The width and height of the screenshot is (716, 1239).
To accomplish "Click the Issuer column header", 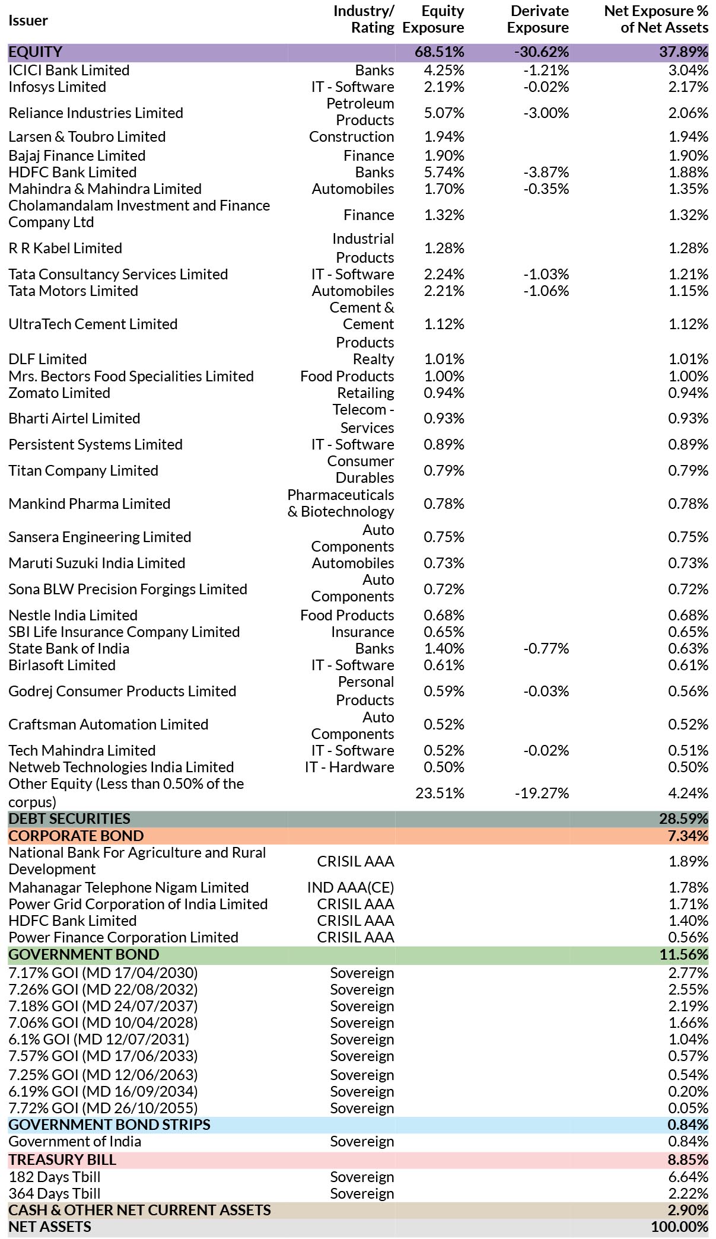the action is coord(28,20).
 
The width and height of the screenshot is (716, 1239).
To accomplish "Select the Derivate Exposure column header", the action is coord(538,19).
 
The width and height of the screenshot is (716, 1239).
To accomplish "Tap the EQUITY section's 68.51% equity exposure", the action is coord(439,52).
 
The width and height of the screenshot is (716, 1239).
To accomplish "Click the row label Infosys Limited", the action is coord(58,87).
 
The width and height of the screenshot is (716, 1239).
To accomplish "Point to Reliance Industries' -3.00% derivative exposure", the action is coord(546,113).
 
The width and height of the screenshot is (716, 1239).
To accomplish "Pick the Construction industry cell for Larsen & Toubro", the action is coord(351,136).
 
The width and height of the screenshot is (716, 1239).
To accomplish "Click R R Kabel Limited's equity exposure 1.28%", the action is coord(444,248).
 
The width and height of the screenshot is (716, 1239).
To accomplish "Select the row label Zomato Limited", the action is coord(59,393).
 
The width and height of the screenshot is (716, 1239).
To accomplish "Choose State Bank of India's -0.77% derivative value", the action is coord(546,648).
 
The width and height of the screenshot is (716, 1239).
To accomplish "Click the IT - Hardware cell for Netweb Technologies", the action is coord(349,767).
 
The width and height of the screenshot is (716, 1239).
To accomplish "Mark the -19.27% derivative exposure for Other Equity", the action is coord(542,793).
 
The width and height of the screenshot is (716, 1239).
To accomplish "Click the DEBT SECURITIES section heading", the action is coord(69,818).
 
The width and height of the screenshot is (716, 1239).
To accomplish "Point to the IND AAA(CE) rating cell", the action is coord(351,887).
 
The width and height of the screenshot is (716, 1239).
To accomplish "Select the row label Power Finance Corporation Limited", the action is coord(123,937).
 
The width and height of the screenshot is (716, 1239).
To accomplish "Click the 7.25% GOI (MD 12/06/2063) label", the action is coord(103,1075).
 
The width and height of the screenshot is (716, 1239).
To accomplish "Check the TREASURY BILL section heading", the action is coord(62,1160).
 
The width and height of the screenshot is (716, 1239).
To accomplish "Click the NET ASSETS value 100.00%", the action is coord(680,1227).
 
